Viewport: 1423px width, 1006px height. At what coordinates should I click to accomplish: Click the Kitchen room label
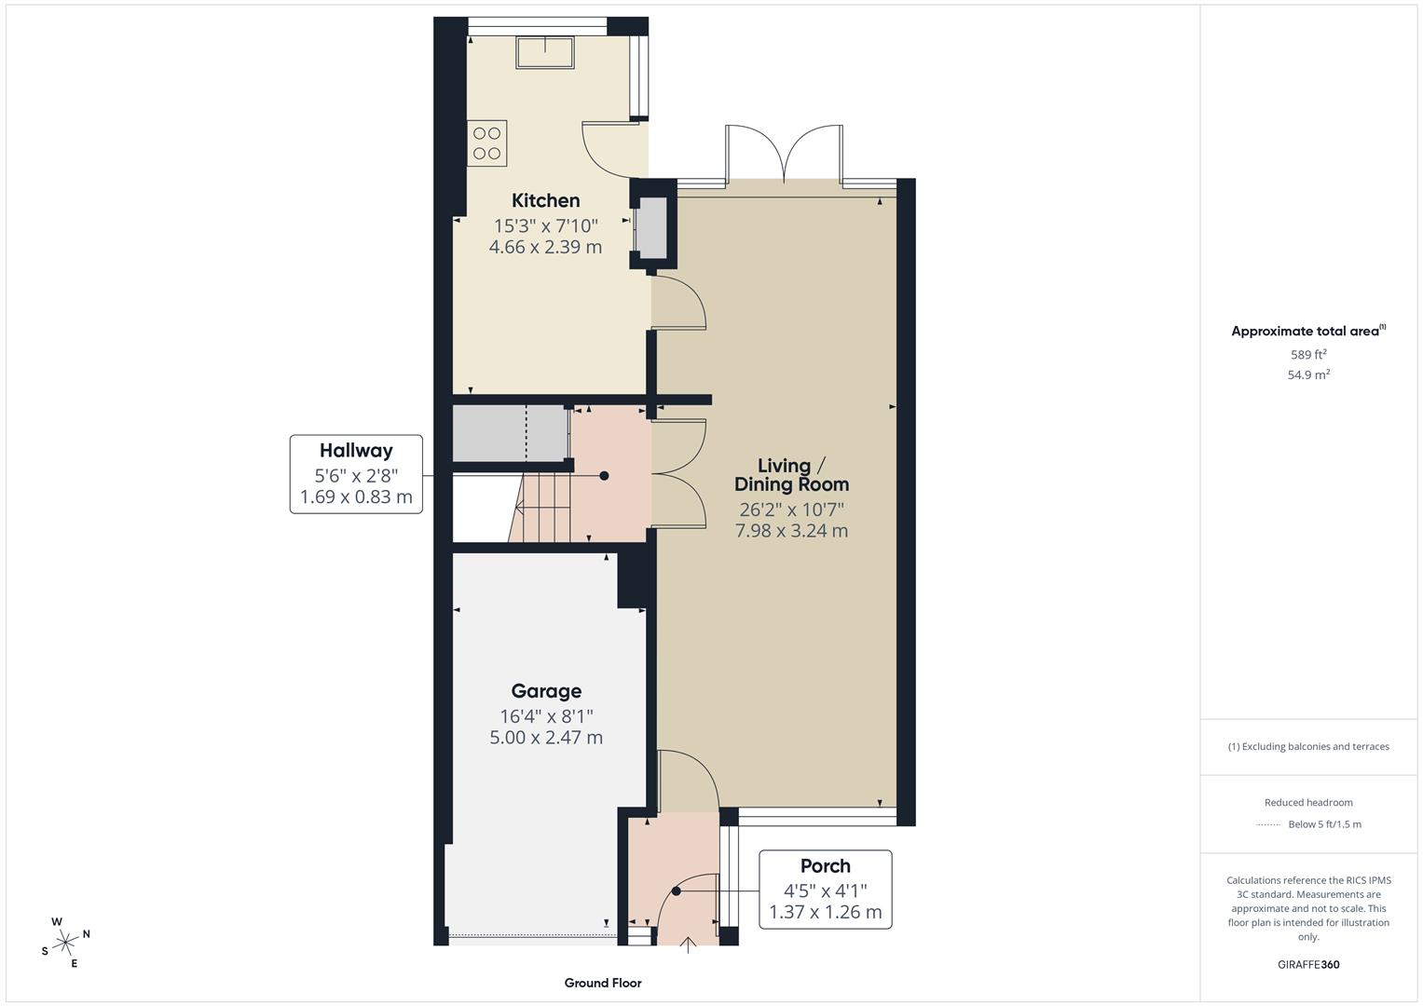(x=545, y=200)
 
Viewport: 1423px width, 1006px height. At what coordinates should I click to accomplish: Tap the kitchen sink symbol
(x=545, y=52)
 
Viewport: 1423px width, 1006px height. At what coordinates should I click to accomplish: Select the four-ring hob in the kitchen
(x=487, y=143)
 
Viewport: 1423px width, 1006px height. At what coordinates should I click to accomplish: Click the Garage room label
(x=546, y=691)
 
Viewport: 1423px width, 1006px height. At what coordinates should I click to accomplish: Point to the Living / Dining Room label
(x=791, y=475)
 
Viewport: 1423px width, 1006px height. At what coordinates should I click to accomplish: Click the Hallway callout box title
(x=356, y=451)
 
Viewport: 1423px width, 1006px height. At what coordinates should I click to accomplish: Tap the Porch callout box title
(x=825, y=866)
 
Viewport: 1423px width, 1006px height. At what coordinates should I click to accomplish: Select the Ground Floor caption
(x=603, y=983)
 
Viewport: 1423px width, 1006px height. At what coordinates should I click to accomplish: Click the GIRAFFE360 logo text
(x=1308, y=964)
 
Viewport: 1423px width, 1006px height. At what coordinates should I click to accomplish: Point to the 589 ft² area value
(x=1308, y=355)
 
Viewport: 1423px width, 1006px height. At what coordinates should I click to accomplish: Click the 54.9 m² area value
(x=1308, y=374)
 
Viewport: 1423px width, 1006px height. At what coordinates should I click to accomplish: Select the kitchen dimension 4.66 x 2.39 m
(x=545, y=247)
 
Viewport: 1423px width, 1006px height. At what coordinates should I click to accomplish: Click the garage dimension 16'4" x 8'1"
(x=546, y=715)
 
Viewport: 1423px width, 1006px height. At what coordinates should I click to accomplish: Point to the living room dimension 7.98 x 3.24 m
(x=791, y=531)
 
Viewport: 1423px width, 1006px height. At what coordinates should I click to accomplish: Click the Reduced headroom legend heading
(x=1308, y=802)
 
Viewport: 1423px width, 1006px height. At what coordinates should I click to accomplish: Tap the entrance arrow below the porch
(x=689, y=945)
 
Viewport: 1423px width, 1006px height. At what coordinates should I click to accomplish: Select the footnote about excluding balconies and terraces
(x=1308, y=746)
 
